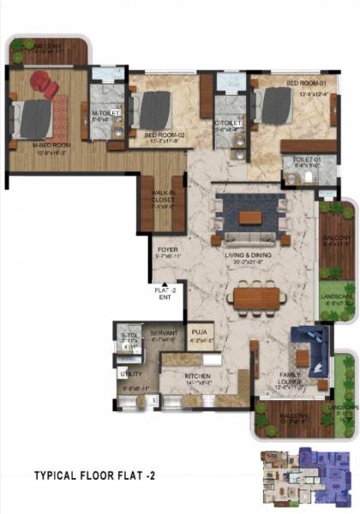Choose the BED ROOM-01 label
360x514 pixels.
coord(303,82)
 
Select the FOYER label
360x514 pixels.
coord(168,251)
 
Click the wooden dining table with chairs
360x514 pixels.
coord(258,297)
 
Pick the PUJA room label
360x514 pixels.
coord(201,333)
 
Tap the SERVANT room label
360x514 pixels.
coord(163,333)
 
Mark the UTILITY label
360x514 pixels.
coord(131,374)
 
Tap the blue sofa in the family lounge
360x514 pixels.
coord(310,351)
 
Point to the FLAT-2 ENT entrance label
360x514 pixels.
coord(165,294)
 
